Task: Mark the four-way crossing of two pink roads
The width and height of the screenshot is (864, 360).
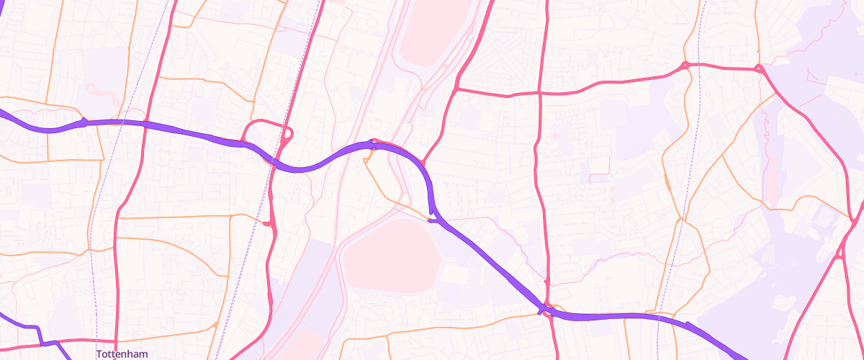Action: point(539,93)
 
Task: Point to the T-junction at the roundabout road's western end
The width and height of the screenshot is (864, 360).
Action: point(457,89)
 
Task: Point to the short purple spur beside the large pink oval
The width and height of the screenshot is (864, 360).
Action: point(433,220)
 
